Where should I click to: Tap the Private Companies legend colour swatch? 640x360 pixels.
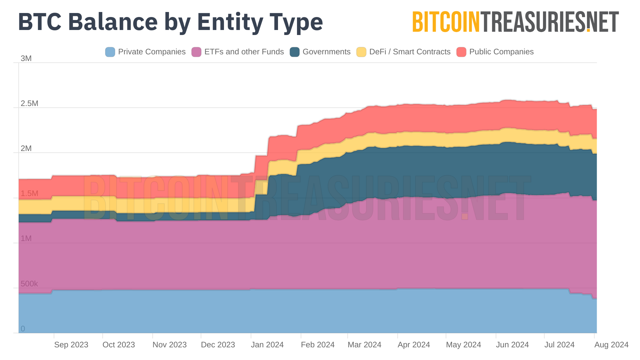[x=110, y=52]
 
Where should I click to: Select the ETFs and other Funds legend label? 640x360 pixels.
[x=244, y=52]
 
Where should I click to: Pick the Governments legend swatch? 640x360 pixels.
[x=295, y=52]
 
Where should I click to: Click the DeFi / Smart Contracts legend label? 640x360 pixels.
[x=410, y=52]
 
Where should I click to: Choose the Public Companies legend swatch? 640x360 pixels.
[x=461, y=52]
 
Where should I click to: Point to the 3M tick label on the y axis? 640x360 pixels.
[x=26, y=58]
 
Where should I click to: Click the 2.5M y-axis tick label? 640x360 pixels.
[x=29, y=103]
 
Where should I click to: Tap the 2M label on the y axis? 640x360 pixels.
[x=26, y=148]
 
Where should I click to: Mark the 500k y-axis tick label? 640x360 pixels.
[x=29, y=284]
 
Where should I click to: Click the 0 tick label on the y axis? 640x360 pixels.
[x=23, y=329]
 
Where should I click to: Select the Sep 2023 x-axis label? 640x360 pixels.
[x=71, y=345]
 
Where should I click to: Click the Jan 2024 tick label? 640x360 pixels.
[x=267, y=345]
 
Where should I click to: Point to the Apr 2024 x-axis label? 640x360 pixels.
[x=414, y=345]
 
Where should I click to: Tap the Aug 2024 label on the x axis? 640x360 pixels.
[x=611, y=345]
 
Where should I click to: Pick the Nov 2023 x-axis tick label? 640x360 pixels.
[x=169, y=345]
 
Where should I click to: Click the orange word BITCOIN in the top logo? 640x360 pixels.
[x=446, y=22]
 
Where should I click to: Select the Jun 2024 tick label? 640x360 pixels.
[x=512, y=345]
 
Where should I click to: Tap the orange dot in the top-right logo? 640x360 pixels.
[x=588, y=30]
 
